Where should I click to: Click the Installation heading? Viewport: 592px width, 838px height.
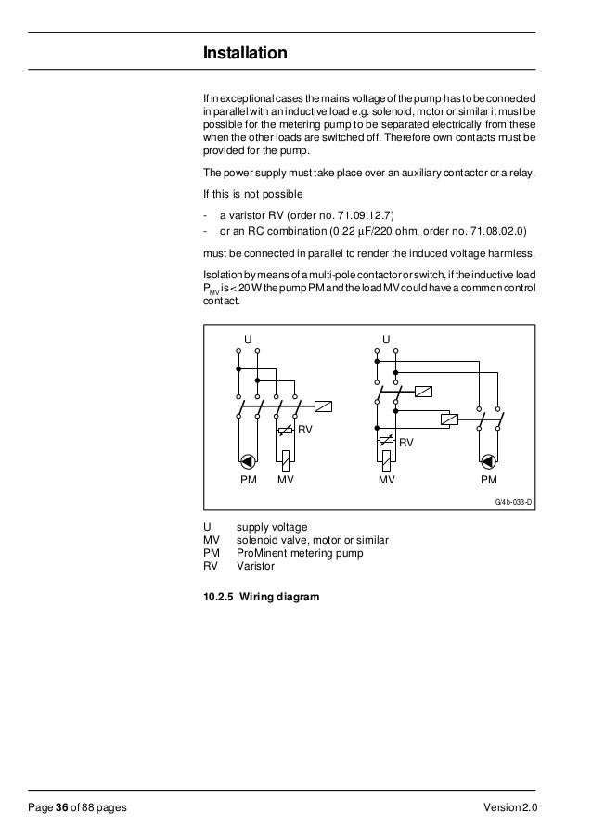245,55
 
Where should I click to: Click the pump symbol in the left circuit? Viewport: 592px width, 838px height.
248,461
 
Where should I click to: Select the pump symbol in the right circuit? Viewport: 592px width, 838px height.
488,461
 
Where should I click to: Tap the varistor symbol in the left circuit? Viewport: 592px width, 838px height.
285,431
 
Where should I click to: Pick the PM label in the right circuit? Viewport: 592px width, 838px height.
488,481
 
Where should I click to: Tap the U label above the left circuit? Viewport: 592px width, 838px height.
248,338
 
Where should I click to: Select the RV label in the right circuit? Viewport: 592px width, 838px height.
405,444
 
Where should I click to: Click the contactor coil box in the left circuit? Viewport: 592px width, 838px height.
324,406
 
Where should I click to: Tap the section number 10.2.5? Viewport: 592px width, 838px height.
218,598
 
